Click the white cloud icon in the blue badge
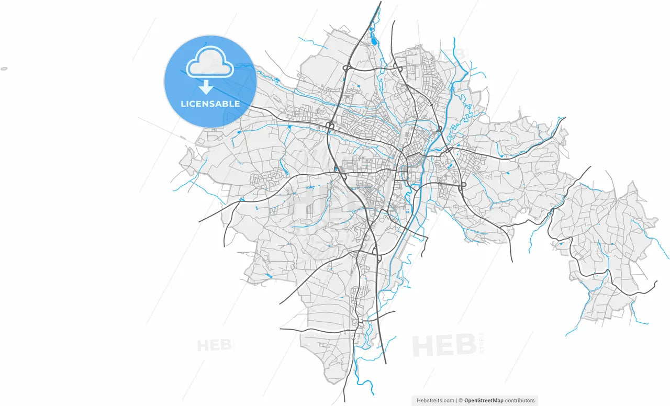210,63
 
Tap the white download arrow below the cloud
206,87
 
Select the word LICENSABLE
210,104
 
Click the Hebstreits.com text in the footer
435,400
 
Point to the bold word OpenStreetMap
484,400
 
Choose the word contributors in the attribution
520,400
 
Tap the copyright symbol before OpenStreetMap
461,400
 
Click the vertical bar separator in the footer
457,400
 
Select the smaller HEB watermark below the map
215,345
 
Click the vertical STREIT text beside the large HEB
482,343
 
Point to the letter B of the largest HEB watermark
466,346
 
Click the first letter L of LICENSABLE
183,104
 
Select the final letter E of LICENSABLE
237,104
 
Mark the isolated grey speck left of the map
4,69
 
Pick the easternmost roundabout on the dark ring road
463,185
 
